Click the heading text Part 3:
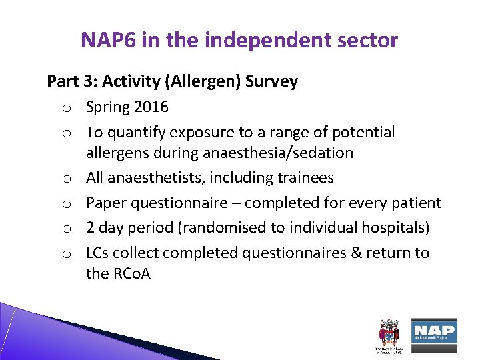[71, 81]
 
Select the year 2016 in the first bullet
[151, 107]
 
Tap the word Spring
[107, 107]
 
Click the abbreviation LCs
[97, 253]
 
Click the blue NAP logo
[434, 331]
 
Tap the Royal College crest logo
[388, 333]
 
